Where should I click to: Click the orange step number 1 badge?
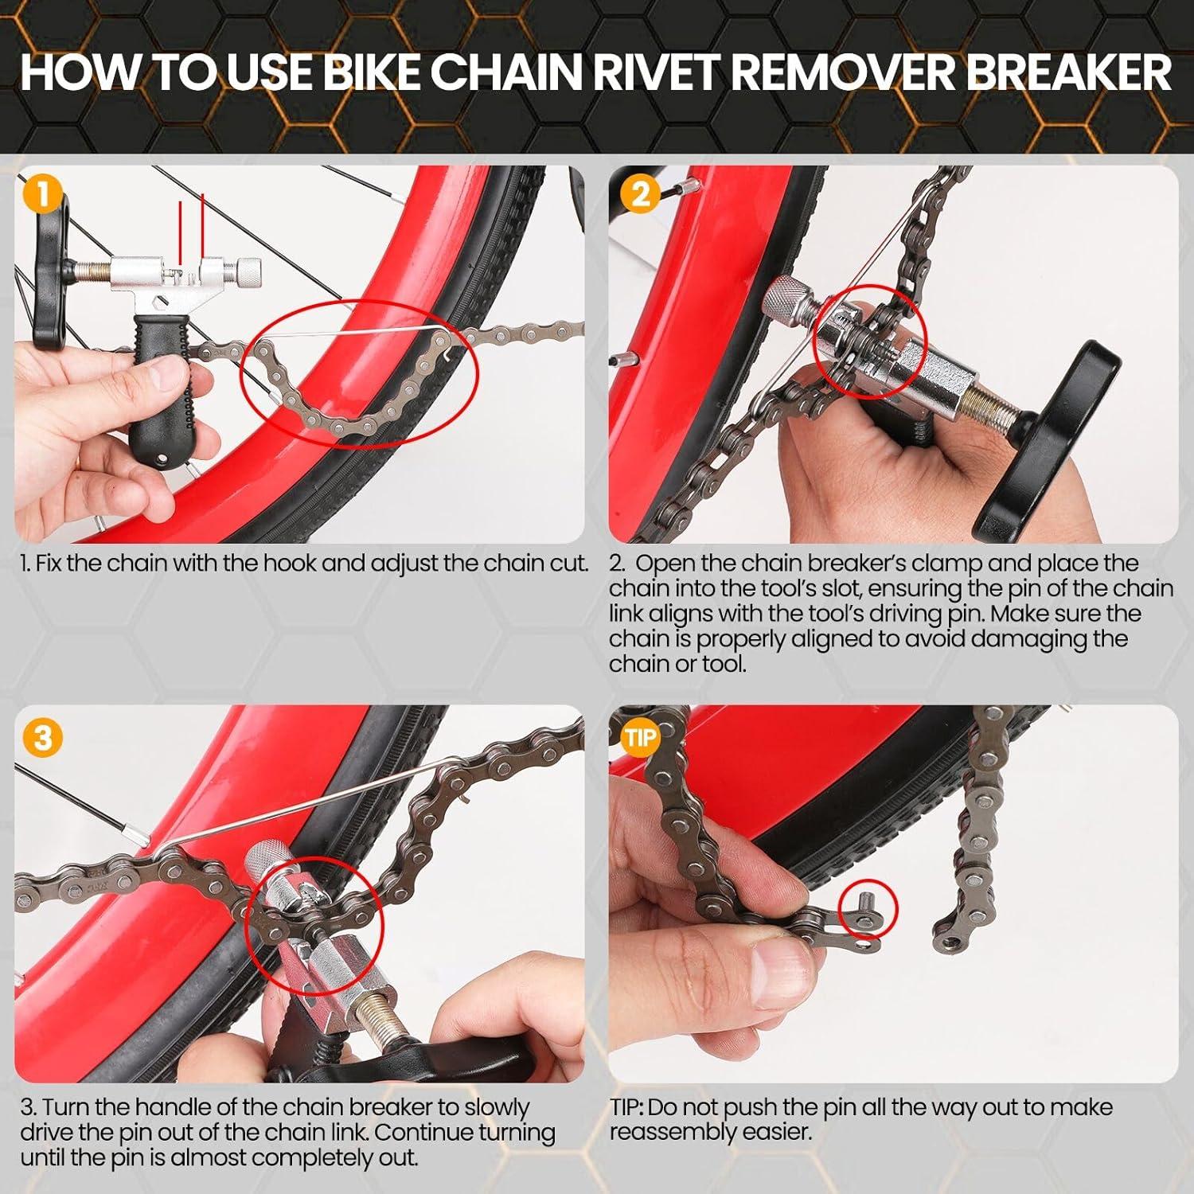(42, 195)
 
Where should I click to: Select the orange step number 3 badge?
(42, 737)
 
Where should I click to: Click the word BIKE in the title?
(372, 73)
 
